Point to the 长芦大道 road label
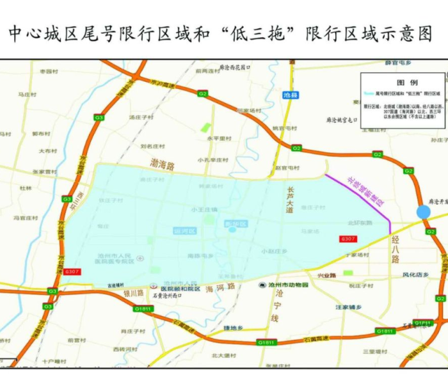pyautogui.click(x=291, y=199)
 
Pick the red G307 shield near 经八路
pyautogui.click(x=348, y=239)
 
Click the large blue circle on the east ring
pyautogui.click(x=423, y=212)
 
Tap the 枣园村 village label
pyautogui.click(x=49, y=72)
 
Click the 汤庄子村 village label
pyautogui.click(x=141, y=118)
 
